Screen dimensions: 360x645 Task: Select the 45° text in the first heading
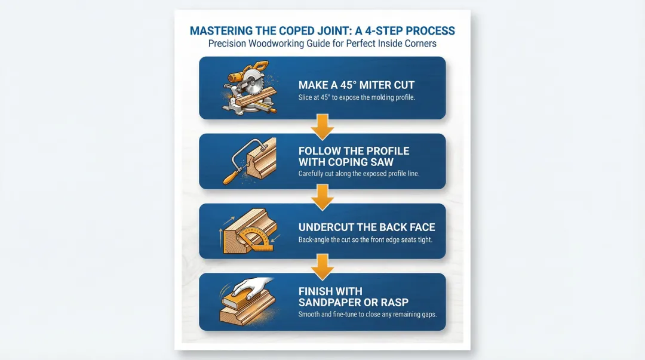(x=355, y=85)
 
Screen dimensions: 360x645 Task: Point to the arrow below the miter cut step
(x=322, y=127)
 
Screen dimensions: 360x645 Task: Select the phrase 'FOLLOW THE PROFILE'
(x=354, y=150)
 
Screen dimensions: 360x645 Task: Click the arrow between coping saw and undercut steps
(x=322, y=197)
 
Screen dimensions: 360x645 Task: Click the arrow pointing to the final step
(x=322, y=267)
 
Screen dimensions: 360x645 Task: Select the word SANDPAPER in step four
(x=331, y=302)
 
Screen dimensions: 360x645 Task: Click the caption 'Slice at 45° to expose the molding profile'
(x=357, y=97)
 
